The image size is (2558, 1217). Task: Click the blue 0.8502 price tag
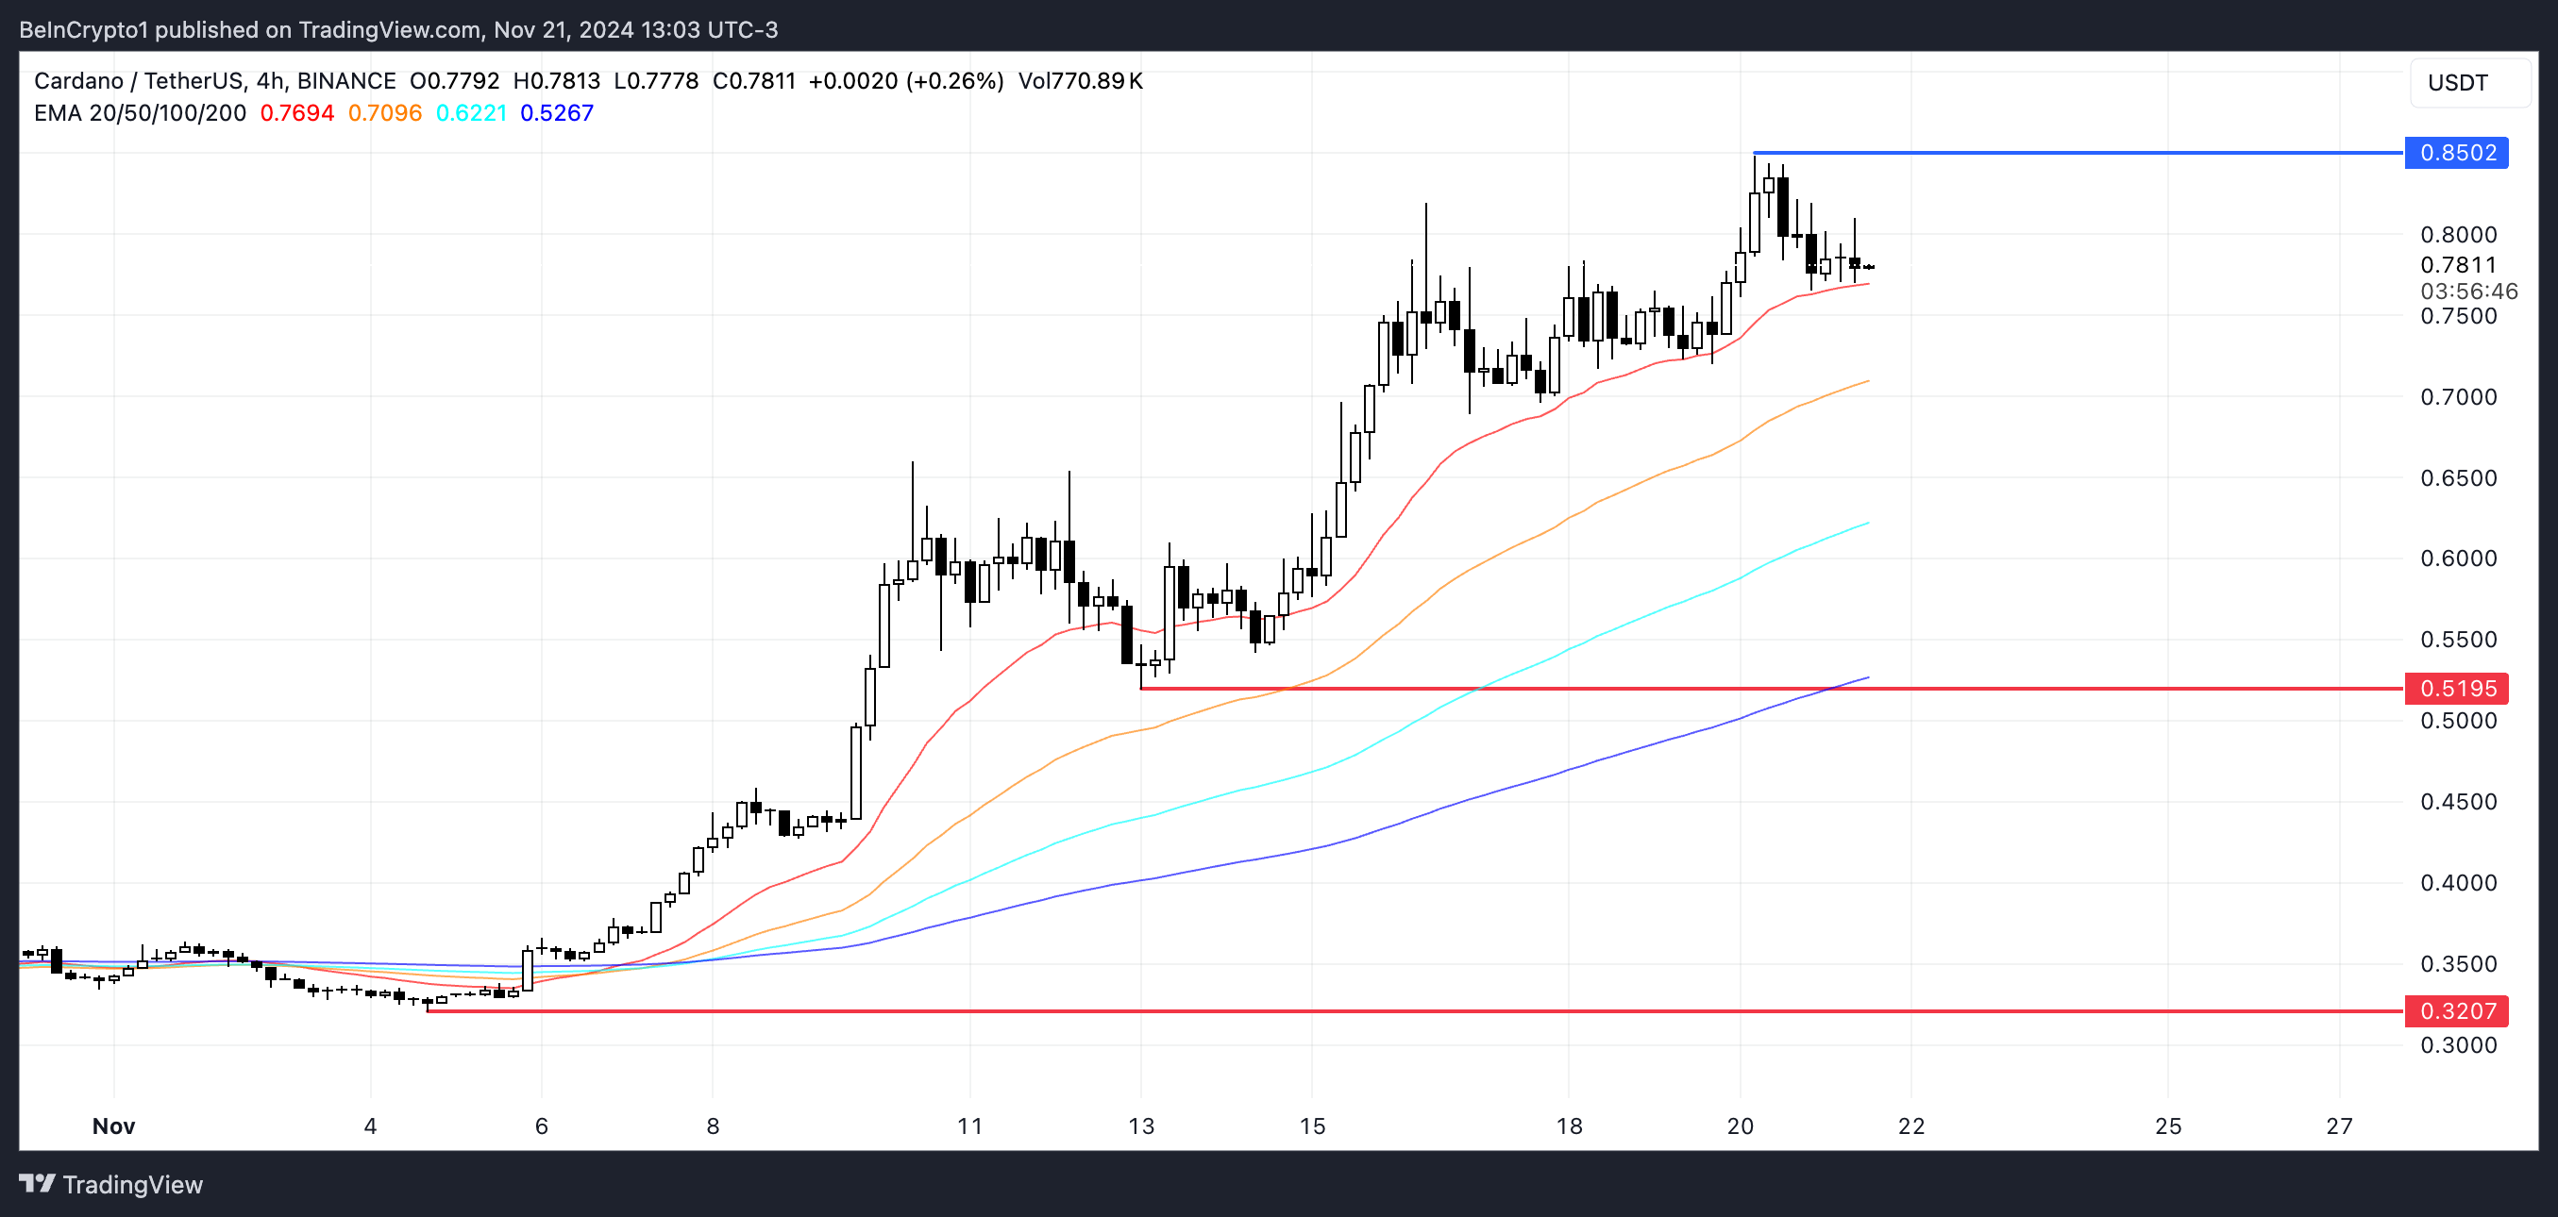click(x=2456, y=153)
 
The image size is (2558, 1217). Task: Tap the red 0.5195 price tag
click(x=2456, y=688)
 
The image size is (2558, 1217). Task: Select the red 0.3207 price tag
click(x=2456, y=1010)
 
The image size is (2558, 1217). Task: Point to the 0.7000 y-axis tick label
click(x=2458, y=397)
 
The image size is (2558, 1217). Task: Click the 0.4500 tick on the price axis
click(x=2458, y=801)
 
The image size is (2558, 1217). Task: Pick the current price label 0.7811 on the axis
click(x=2458, y=265)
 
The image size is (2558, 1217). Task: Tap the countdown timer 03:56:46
click(x=2467, y=291)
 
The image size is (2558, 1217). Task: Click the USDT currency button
click(x=2458, y=82)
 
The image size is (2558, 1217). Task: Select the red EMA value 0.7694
click(x=297, y=113)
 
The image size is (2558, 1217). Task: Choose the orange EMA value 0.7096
click(x=384, y=113)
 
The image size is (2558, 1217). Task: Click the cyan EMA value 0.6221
click(x=471, y=113)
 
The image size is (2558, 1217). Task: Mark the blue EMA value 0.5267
click(x=556, y=113)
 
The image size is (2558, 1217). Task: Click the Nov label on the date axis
click(x=113, y=1125)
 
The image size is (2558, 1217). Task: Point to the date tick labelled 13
click(x=1141, y=1125)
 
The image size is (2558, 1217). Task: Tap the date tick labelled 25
click(x=2168, y=1125)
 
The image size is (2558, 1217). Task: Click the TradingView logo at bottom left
click(x=111, y=1184)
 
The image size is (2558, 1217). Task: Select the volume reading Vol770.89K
click(x=1081, y=80)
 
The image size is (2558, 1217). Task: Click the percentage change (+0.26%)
click(x=954, y=80)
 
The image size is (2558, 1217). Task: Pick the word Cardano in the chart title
click(x=78, y=80)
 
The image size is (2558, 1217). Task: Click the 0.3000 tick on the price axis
click(x=2458, y=1044)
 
